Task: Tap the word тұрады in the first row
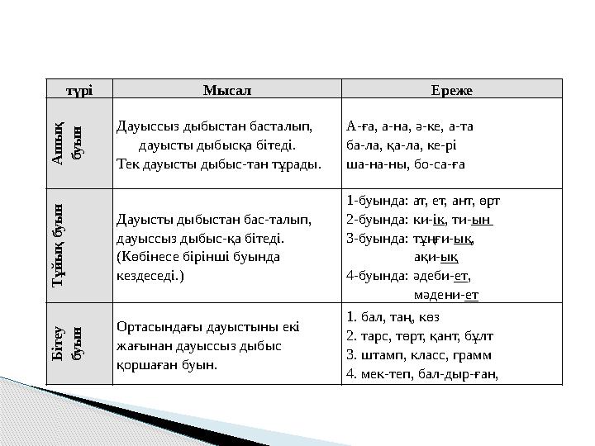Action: pos(299,163)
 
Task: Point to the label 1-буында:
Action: pos(377,200)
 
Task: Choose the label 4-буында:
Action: pos(377,277)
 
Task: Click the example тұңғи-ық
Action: pos(443,239)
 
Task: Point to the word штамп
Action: pos(382,355)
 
